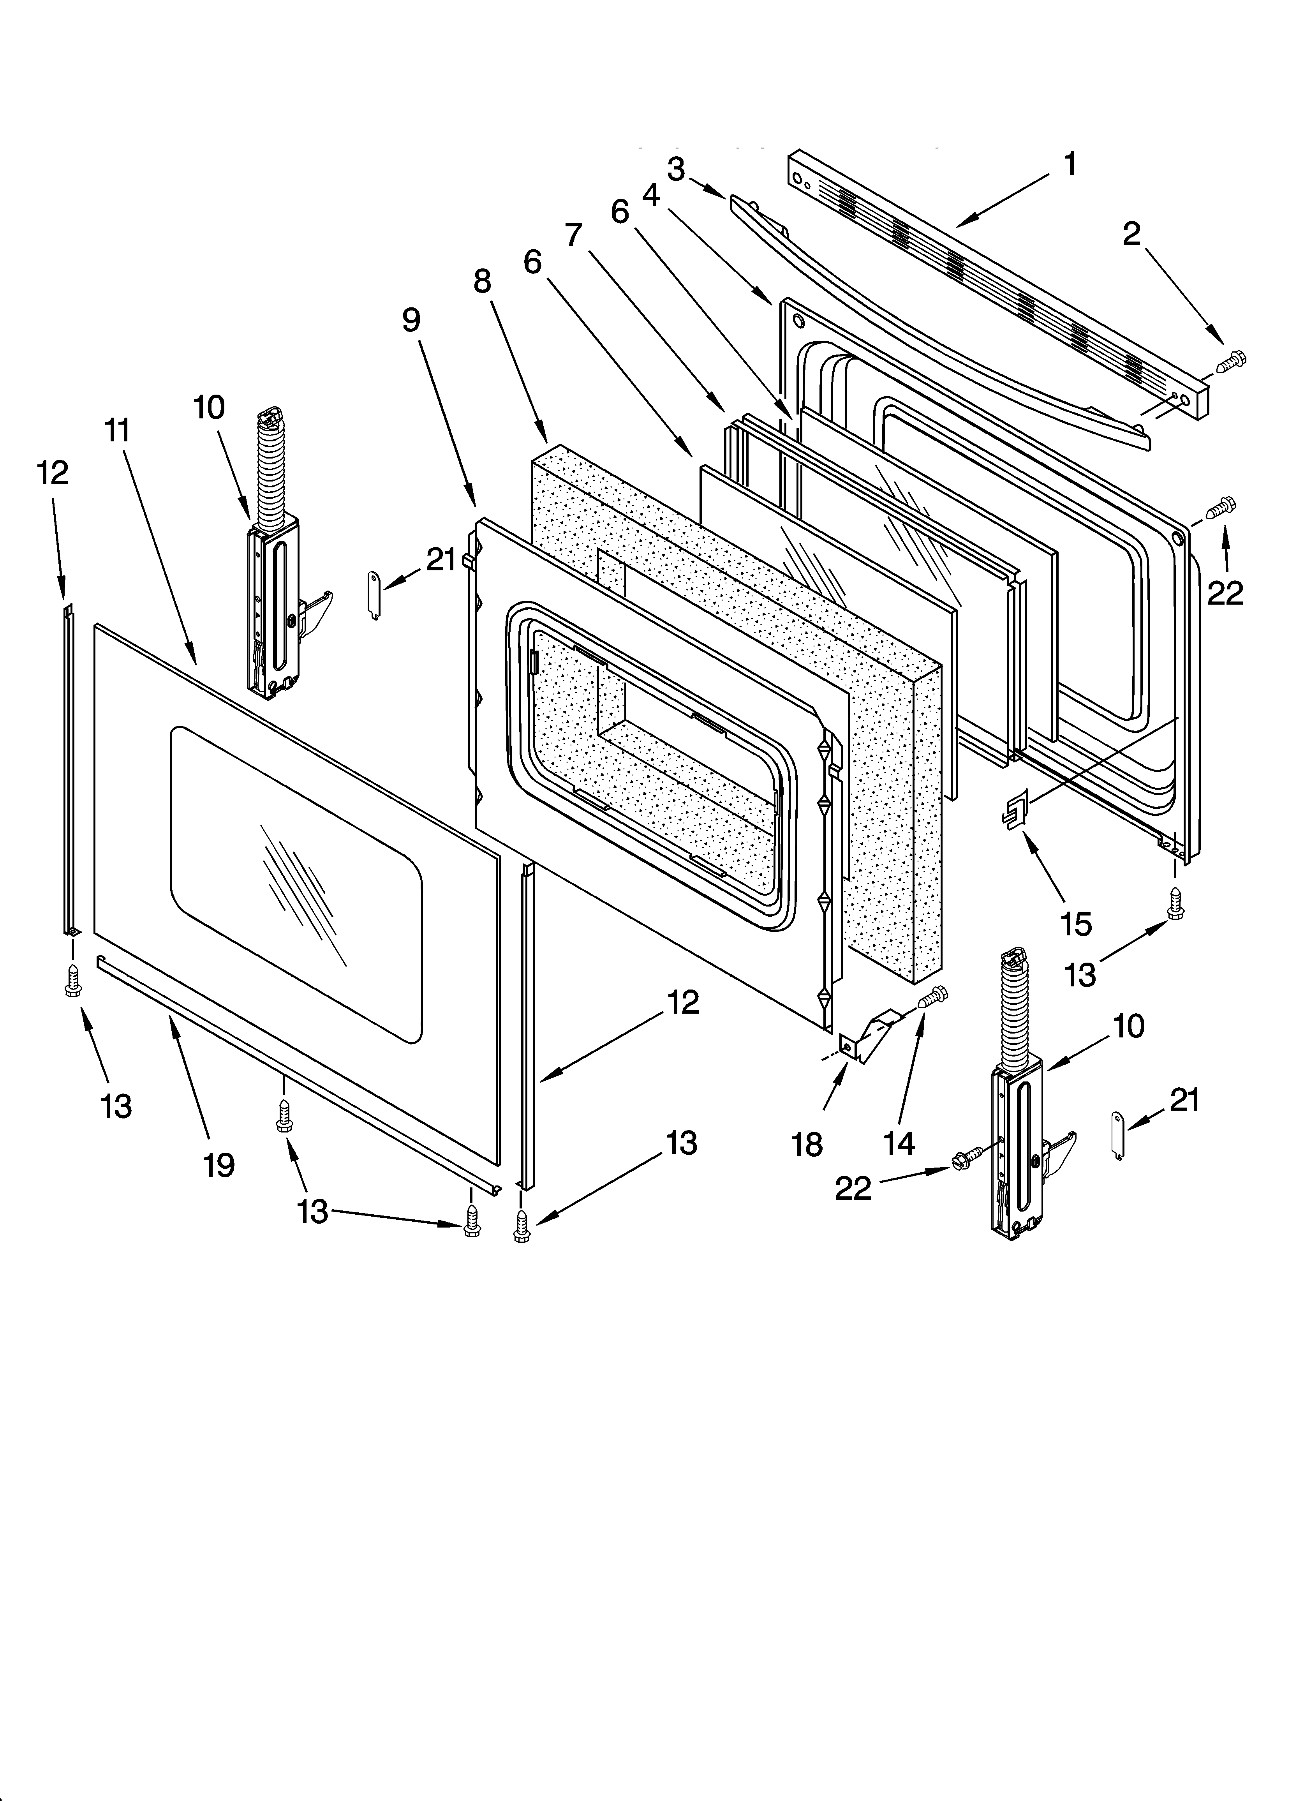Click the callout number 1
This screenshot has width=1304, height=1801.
[x=1070, y=164]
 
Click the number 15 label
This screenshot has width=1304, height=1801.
[x=1076, y=924]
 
